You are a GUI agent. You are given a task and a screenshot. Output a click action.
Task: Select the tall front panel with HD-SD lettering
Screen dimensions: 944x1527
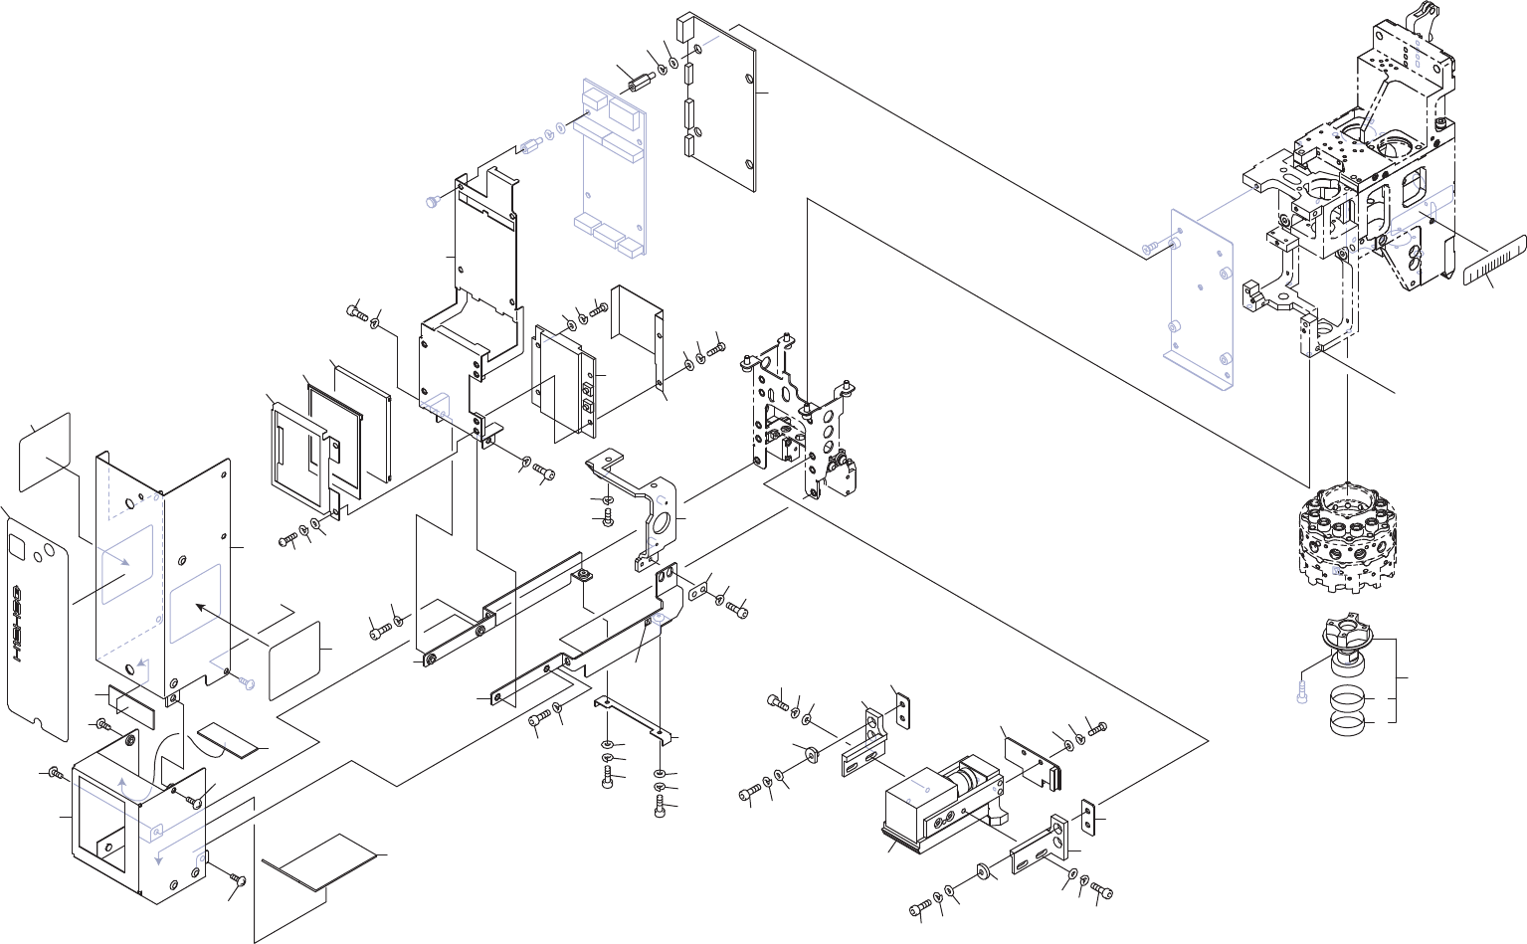click(x=38, y=628)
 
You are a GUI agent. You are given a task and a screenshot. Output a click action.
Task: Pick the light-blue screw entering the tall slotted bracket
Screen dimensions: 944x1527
click(x=432, y=202)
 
